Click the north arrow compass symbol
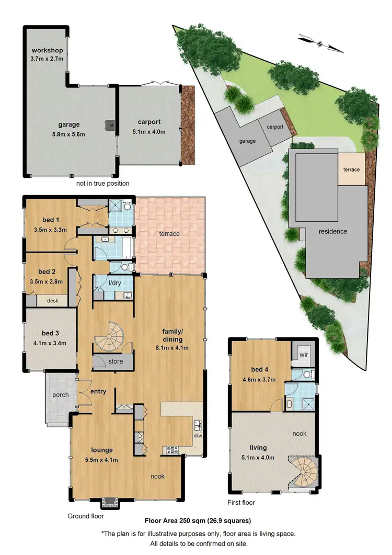321,43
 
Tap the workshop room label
47,50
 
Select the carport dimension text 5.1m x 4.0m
149,132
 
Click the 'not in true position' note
103,184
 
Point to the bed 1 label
50,220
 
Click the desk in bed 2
52,301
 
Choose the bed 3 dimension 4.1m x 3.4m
50,344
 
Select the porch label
61,395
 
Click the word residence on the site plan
333,232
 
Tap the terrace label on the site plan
351,169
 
